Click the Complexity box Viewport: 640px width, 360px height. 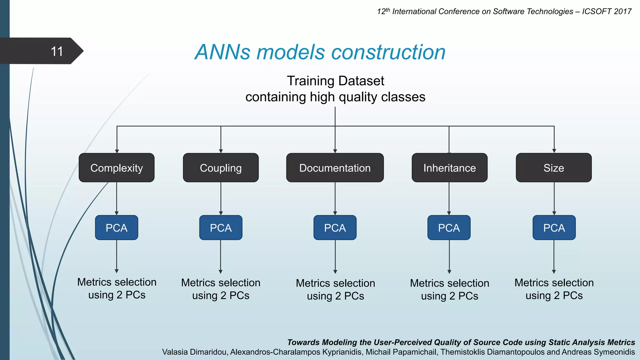click(x=117, y=168)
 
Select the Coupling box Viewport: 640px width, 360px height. click(x=221, y=168)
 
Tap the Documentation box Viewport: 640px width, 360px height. click(x=335, y=168)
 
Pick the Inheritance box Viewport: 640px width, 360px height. click(x=449, y=168)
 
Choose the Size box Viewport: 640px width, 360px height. click(x=553, y=168)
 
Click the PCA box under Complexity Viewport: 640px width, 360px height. click(x=117, y=228)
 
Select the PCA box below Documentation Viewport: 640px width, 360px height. click(x=335, y=228)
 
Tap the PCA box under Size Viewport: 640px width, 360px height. click(x=554, y=228)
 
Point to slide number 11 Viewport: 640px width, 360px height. click(x=57, y=51)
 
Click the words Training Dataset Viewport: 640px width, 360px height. click(x=335, y=81)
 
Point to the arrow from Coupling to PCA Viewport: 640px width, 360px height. click(x=221, y=198)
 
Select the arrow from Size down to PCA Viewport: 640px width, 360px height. click(x=554, y=198)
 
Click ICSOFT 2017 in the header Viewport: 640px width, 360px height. click(x=607, y=12)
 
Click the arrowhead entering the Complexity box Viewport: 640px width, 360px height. click(x=117, y=151)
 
